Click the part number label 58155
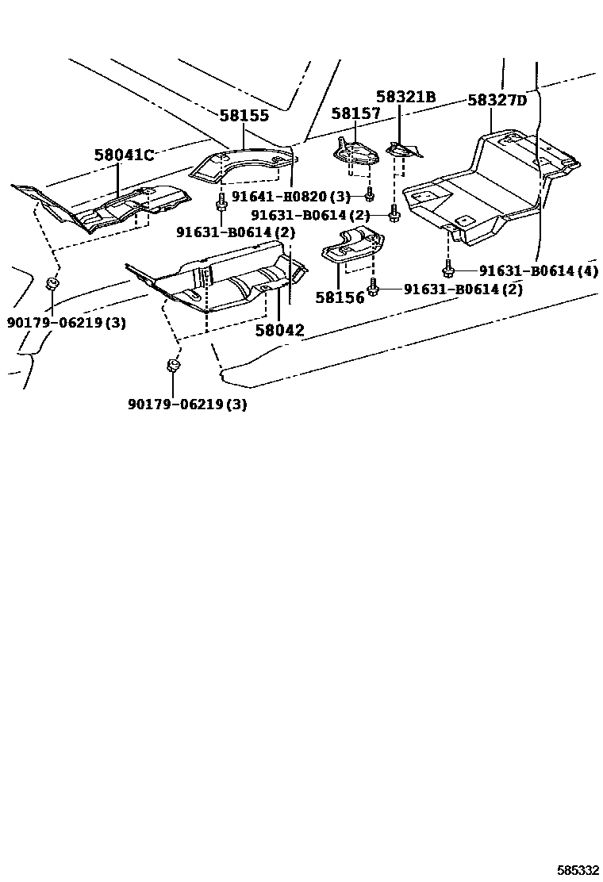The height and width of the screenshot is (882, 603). (x=244, y=116)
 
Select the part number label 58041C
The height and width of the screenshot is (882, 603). (x=124, y=155)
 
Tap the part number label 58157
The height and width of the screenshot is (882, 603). (x=356, y=113)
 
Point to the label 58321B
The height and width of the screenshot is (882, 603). (x=405, y=97)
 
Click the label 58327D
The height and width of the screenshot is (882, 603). (x=497, y=101)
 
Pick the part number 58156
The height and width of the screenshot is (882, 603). (x=339, y=297)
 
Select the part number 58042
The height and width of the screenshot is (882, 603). (x=279, y=330)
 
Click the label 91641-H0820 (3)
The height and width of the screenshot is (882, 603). (x=290, y=197)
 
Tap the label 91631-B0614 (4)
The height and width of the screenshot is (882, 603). (x=538, y=271)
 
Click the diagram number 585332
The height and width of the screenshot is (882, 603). (x=578, y=870)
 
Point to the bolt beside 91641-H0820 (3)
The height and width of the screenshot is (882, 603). (x=370, y=194)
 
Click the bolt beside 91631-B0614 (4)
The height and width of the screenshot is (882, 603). (x=448, y=270)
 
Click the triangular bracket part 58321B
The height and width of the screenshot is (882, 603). (x=405, y=149)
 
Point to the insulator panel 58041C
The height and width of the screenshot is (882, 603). (x=111, y=206)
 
